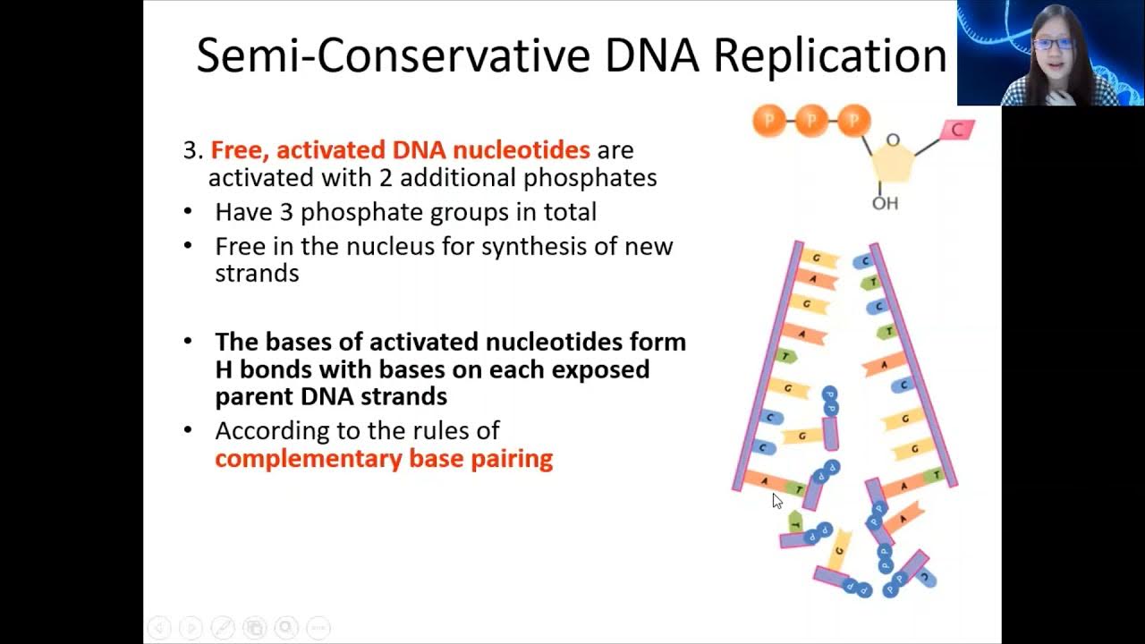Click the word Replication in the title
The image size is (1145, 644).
tap(829, 55)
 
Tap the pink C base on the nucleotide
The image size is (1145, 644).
tap(957, 131)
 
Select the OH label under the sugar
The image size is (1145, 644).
tap(885, 204)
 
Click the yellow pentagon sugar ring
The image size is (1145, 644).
tap(893, 166)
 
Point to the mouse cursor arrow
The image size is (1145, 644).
tap(776, 501)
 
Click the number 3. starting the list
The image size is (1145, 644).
tap(193, 150)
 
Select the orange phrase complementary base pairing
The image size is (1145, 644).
tap(384, 459)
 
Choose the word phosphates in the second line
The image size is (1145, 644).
tap(589, 178)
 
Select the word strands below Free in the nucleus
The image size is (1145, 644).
tap(257, 273)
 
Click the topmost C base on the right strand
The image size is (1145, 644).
tap(862, 262)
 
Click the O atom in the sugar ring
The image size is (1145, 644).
tap(892, 140)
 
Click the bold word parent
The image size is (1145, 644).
tap(253, 396)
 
